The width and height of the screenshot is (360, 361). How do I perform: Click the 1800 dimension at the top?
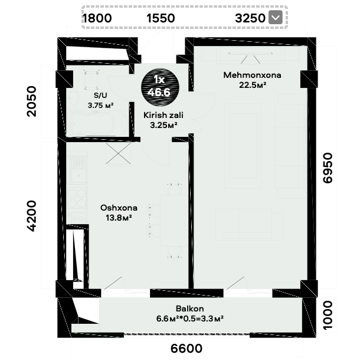coord(97,18)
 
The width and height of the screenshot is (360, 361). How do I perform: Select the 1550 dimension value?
coord(161,18)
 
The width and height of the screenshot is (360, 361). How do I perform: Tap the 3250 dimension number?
coord(250,18)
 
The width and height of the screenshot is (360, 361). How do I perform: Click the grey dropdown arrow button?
coord(276,18)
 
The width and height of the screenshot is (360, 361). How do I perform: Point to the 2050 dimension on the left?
coord(32,101)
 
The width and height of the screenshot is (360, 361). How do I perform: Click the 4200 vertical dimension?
coord(32,216)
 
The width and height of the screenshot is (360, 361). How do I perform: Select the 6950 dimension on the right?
coord(328,168)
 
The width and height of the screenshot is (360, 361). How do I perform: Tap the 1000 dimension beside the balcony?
coord(328,316)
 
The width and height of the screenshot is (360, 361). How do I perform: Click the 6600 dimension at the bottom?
coord(186,349)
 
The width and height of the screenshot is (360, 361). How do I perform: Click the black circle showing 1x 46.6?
coord(159,87)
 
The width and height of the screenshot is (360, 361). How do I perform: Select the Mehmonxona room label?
coord(252,75)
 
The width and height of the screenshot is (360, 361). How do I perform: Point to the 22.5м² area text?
coord(253,85)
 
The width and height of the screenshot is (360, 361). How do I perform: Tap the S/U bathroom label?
coord(100,95)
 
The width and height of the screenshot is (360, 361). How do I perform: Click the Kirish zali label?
coord(163,115)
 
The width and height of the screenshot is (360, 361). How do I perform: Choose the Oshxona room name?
coord(119,208)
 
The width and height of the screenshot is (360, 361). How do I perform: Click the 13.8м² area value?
coord(119,218)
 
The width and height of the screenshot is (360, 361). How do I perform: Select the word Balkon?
coord(190,309)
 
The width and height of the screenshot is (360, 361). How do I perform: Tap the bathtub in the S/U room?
coord(97,124)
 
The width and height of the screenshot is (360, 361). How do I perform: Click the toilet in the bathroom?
coord(91,80)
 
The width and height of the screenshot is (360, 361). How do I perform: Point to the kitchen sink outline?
coord(78,170)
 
